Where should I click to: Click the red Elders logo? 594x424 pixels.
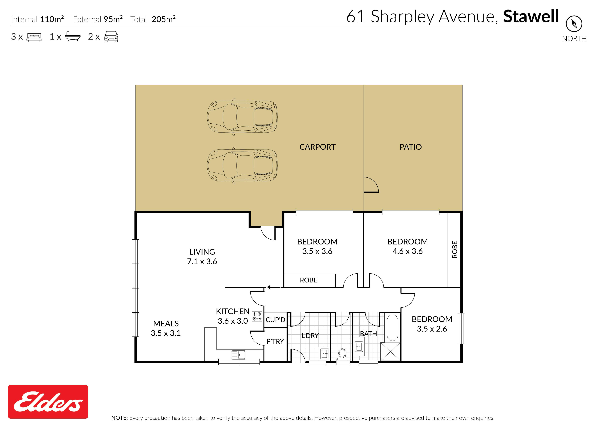[48, 402]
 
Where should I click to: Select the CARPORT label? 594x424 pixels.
[317, 147]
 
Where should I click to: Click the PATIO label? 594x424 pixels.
[411, 147]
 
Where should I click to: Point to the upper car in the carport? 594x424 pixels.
[242, 117]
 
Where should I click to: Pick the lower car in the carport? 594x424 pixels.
[242, 166]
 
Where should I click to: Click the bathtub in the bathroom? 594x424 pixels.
[392, 328]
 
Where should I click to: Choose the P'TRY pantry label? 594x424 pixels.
[275, 341]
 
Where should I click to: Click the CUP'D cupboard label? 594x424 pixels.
[275, 320]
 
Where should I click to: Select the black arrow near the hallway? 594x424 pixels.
[273, 287]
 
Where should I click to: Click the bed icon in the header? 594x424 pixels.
[34, 37]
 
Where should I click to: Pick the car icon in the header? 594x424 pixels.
[111, 37]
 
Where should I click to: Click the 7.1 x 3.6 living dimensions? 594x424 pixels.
[202, 261]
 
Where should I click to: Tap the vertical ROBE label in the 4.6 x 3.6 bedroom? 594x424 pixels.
[455, 250]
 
